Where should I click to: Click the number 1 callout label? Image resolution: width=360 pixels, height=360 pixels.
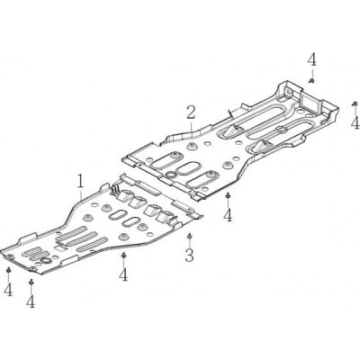tap(80, 182)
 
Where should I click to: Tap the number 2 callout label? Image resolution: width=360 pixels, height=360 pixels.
tap(191, 112)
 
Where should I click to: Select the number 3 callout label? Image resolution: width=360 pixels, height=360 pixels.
tap(189, 255)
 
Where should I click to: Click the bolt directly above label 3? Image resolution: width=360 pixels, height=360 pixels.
tap(189, 236)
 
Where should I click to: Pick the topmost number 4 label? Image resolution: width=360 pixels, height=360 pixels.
tap(311, 59)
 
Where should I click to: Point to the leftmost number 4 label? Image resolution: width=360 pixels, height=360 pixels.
tap(8, 290)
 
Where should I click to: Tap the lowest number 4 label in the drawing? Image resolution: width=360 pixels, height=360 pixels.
tap(31, 301)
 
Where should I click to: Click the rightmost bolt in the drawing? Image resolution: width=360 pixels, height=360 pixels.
tap(355, 103)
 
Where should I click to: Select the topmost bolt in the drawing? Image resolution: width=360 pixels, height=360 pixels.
tap(311, 80)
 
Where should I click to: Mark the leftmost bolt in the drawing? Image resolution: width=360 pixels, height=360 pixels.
tap(9, 270)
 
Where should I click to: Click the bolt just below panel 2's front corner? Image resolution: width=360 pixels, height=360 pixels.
tap(228, 195)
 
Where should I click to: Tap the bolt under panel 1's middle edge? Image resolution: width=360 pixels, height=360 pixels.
tap(123, 256)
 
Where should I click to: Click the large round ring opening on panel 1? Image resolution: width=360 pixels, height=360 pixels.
tap(46, 260)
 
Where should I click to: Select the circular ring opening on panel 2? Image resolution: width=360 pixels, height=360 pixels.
tap(170, 175)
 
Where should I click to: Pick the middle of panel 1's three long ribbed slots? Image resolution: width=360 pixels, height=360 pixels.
tap(81, 238)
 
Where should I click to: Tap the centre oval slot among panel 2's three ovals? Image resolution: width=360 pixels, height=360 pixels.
tap(186, 168)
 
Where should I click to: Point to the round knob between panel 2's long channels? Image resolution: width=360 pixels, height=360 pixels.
tap(281, 130)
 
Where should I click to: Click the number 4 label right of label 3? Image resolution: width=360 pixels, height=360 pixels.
tap(228, 215)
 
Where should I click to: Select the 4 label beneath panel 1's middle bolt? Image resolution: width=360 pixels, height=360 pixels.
tap(123, 274)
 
